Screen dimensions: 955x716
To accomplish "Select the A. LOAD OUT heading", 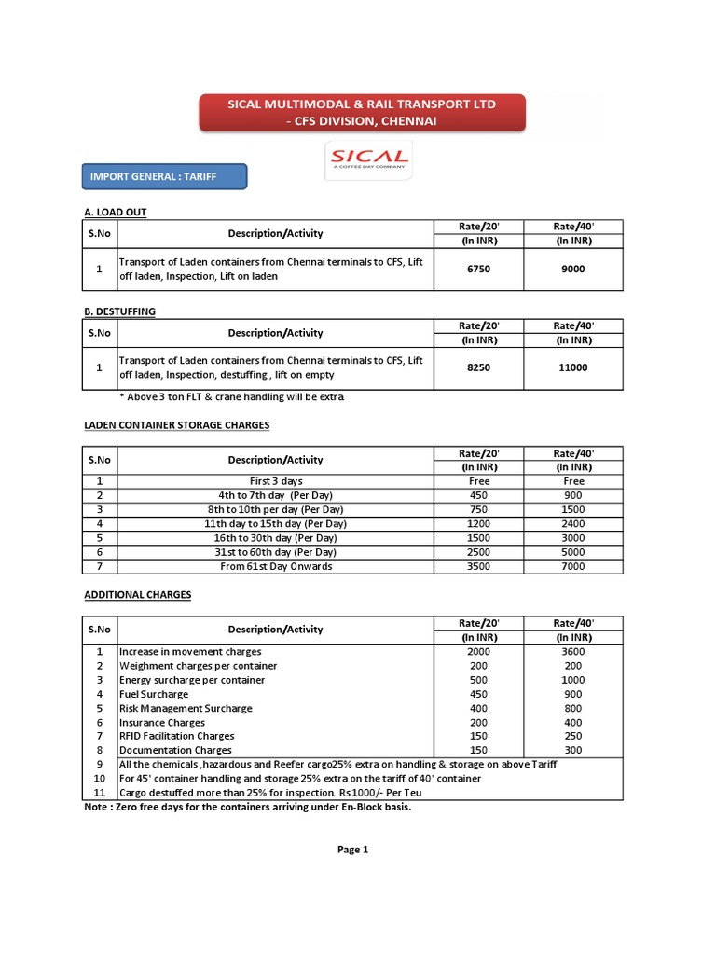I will (x=115, y=213).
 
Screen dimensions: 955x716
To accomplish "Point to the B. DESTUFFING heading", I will (x=120, y=311).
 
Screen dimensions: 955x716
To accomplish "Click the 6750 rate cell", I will (x=479, y=269).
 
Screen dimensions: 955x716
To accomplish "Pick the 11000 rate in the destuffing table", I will (x=573, y=367).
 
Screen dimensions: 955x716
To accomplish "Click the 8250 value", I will (x=479, y=367).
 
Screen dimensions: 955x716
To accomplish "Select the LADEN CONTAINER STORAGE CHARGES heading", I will (x=177, y=425).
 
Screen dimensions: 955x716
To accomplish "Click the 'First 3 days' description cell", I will (x=276, y=481).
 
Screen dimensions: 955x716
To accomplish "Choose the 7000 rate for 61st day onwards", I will (x=573, y=566).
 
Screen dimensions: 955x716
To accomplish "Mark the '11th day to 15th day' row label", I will (x=276, y=524).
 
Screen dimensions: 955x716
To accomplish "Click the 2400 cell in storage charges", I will (x=573, y=524).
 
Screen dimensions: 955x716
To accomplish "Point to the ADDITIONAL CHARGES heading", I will (x=137, y=594).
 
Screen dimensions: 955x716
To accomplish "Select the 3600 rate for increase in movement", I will (x=573, y=652).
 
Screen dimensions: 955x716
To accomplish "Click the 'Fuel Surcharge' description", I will (x=154, y=694).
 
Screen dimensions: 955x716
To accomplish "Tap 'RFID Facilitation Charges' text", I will (x=177, y=736).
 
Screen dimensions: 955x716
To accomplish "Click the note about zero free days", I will (x=248, y=807).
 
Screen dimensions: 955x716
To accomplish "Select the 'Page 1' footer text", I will (x=353, y=850).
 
